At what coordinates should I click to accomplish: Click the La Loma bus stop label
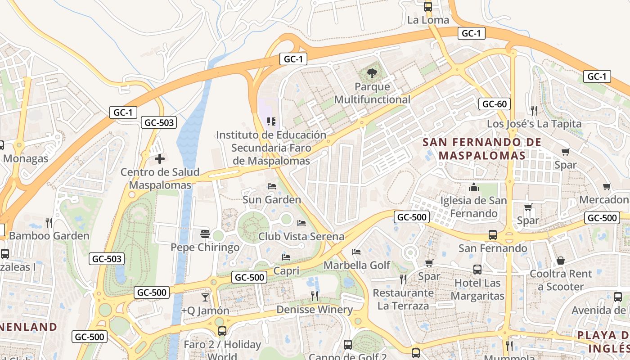[x=428, y=20]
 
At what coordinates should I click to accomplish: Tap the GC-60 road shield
[x=495, y=104]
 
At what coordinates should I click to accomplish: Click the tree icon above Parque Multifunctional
[x=372, y=73]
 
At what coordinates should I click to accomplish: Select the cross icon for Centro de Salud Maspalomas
[x=159, y=159]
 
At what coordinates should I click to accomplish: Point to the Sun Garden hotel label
[x=272, y=199]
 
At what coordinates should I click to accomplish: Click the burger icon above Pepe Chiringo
[x=205, y=234]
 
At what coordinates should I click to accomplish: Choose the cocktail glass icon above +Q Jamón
[x=205, y=297]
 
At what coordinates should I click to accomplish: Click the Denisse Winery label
[x=315, y=310]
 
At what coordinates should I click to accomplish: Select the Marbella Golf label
[x=357, y=265]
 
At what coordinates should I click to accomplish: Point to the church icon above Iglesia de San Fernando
[x=473, y=187]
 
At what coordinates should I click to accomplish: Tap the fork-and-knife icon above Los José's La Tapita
[x=534, y=110]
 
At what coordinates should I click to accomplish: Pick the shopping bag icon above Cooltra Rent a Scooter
[x=561, y=261]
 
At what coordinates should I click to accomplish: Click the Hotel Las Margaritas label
[x=477, y=289]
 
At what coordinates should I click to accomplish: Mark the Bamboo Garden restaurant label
[x=49, y=236]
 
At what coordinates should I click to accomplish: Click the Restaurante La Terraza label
[x=403, y=299]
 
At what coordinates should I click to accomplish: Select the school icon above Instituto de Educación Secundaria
[x=271, y=121]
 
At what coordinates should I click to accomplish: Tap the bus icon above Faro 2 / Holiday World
[x=222, y=331]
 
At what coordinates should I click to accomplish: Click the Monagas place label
[x=26, y=158]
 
